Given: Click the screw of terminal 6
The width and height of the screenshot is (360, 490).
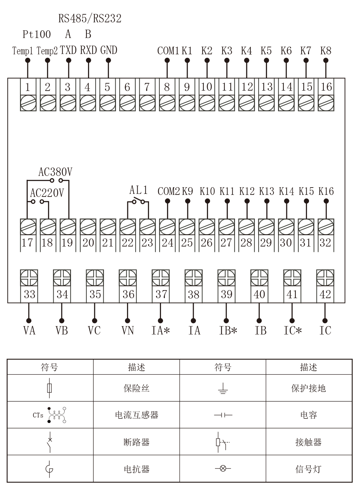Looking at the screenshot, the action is coord(127,103).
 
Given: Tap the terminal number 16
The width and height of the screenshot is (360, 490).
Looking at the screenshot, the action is coord(326,87).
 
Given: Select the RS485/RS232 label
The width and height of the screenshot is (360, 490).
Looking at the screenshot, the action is coord(90,18).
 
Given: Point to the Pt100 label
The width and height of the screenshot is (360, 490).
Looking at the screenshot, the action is coord(37,34).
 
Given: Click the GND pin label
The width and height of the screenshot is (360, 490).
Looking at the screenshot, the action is coord(109,50).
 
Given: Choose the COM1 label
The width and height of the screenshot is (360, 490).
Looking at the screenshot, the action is coord(168,51).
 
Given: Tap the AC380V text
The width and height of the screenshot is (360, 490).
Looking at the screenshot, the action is coord(55,172).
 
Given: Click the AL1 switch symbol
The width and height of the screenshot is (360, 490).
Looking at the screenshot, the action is coord(138,201).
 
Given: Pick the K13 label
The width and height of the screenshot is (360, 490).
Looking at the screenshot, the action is coord(267,192).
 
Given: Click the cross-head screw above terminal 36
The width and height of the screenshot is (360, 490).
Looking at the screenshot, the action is coord(128,278).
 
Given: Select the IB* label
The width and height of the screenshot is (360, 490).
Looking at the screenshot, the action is coord(228,330).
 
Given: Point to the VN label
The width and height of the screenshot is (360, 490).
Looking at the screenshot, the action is coord(128,330).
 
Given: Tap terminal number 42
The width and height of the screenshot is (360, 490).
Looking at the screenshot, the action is coord(325,294).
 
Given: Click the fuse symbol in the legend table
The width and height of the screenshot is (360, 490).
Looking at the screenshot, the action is coord(50,388).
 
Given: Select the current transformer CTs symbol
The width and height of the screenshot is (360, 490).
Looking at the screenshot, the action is coord(57,415).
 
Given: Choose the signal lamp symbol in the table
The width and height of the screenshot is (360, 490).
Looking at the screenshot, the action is coord(223,468).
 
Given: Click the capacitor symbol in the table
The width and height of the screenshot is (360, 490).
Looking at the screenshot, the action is coord(223,415).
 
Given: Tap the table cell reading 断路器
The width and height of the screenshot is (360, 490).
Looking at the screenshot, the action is coord(137,442).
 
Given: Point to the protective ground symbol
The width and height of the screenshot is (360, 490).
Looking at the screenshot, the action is coord(223,389).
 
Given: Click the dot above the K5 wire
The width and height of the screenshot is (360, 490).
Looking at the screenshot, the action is coord(266,61).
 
